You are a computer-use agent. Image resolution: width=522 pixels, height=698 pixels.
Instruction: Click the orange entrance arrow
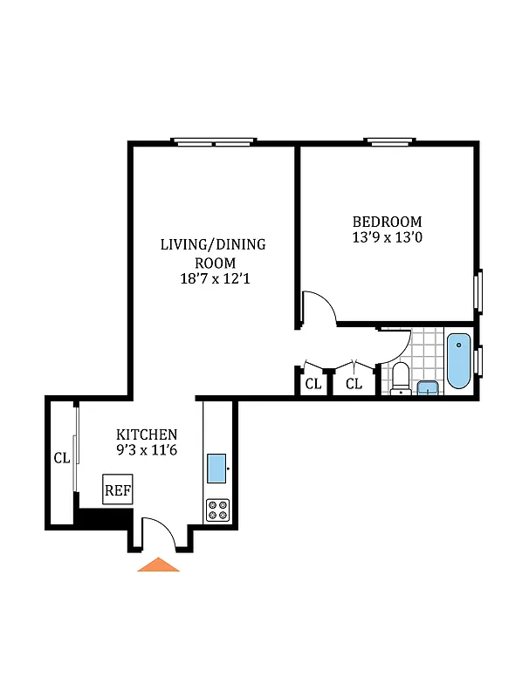(x=158, y=565)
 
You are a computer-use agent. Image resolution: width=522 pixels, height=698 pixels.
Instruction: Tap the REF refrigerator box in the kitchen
(x=118, y=490)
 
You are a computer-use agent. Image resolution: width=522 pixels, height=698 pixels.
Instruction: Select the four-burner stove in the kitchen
(x=217, y=510)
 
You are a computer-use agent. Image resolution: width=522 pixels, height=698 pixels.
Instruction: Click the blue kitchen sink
(x=217, y=469)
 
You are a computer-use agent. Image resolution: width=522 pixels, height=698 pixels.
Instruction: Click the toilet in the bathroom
(x=401, y=377)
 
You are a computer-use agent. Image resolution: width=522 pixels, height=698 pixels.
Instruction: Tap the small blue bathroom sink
(x=428, y=388)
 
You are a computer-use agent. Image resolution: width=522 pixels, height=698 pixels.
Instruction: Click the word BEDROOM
(x=387, y=222)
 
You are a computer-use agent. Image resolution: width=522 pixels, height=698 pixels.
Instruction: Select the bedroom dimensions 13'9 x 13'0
(x=387, y=236)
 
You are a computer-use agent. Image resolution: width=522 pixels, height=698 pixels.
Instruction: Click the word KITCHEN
(x=148, y=435)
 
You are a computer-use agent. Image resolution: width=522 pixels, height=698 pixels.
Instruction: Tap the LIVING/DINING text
(x=212, y=244)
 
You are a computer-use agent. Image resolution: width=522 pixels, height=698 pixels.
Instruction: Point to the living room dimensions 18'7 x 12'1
(x=212, y=279)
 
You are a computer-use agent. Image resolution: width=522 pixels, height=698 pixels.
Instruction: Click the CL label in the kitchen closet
(x=61, y=458)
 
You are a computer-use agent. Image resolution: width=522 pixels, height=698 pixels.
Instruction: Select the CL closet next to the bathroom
(x=354, y=384)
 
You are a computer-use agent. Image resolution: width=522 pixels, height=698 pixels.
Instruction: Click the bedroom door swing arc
(x=319, y=307)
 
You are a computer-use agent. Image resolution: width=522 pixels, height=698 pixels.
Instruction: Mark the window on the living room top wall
(x=214, y=141)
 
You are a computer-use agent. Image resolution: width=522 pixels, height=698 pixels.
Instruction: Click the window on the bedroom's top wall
(x=388, y=141)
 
